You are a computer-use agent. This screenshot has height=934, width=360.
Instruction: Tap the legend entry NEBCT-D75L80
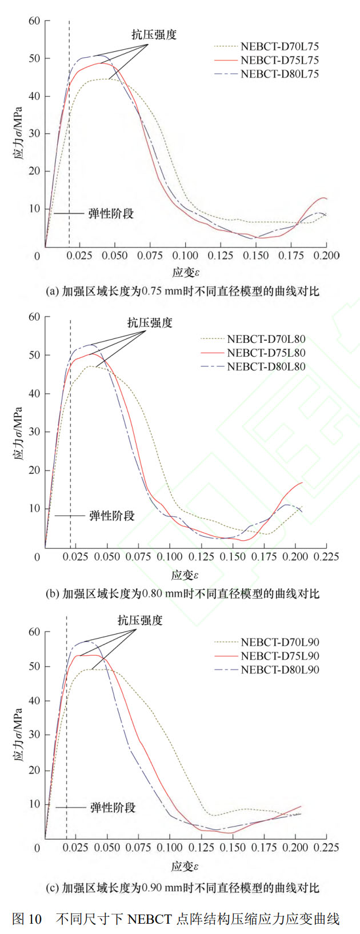(266, 353)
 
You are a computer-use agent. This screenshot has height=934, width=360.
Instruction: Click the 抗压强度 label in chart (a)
(154, 34)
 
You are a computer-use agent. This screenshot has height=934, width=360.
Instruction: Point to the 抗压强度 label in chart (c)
(140, 620)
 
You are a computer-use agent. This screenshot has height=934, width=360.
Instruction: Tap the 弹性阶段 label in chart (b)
(112, 516)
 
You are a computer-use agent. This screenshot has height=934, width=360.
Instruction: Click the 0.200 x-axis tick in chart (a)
(326, 256)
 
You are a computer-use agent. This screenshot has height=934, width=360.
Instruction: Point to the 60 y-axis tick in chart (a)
(34, 21)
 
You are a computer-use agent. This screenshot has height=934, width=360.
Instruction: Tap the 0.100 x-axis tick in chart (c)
(170, 847)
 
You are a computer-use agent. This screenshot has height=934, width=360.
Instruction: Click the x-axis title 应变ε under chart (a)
(186, 273)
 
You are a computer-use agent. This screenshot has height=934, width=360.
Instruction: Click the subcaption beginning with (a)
(182, 292)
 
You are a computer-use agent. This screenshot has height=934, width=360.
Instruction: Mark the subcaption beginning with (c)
(182, 888)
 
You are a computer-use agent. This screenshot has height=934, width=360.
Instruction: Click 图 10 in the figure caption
(27, 919)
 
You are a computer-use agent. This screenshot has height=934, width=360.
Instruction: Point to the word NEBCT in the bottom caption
(150, 919)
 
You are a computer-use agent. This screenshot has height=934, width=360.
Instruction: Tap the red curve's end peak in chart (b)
(302, 483)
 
